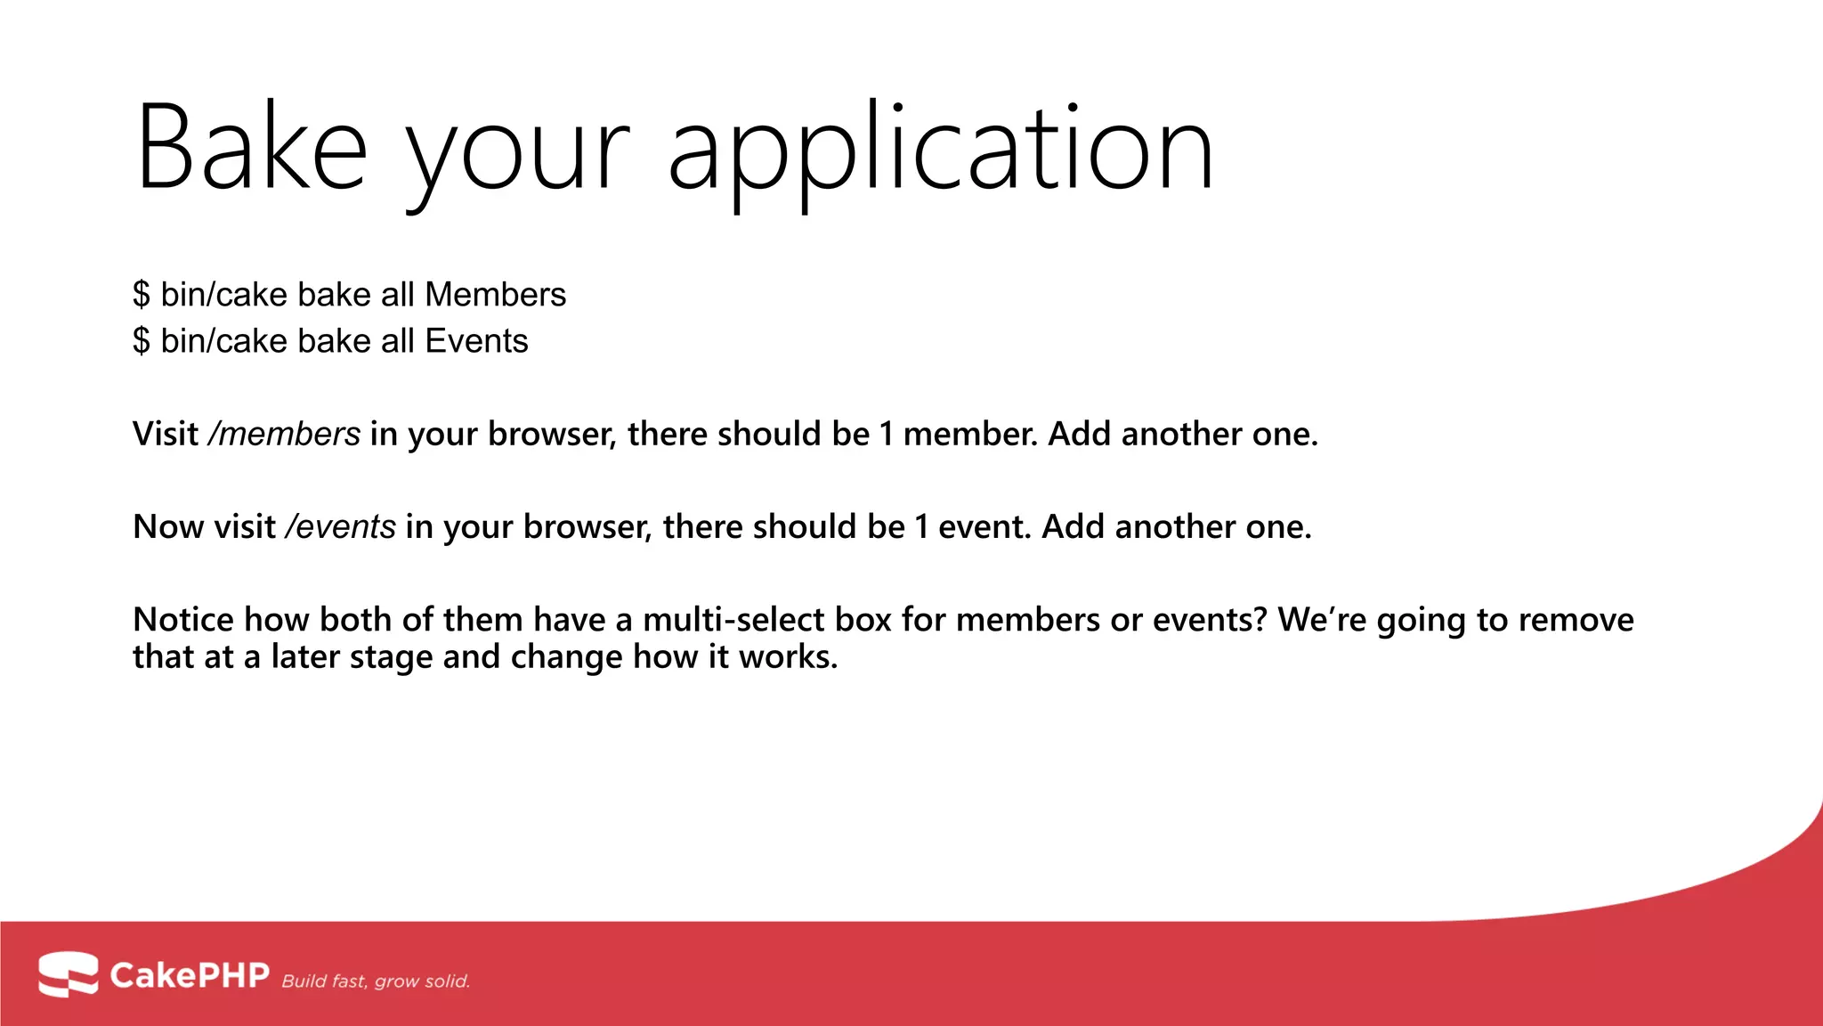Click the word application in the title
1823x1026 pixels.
click(940, 151)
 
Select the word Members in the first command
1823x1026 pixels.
click(495, 295)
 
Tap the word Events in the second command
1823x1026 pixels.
click(476, 341)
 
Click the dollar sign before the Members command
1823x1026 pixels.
click(142, 295)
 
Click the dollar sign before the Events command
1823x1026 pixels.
click(142, 341)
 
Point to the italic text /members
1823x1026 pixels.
click(284, 435)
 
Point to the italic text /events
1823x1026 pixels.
click(340, 527)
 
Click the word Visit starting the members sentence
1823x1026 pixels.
click(166, 435)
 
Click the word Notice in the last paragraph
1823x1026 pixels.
click(182, 620)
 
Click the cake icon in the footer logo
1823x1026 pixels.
click(68, 974)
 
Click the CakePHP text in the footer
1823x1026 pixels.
click(189, 975)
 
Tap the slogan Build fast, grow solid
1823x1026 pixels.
click(376, 981)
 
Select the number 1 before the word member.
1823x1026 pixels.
click(887, 435)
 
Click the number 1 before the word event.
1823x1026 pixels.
click(921, 527)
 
